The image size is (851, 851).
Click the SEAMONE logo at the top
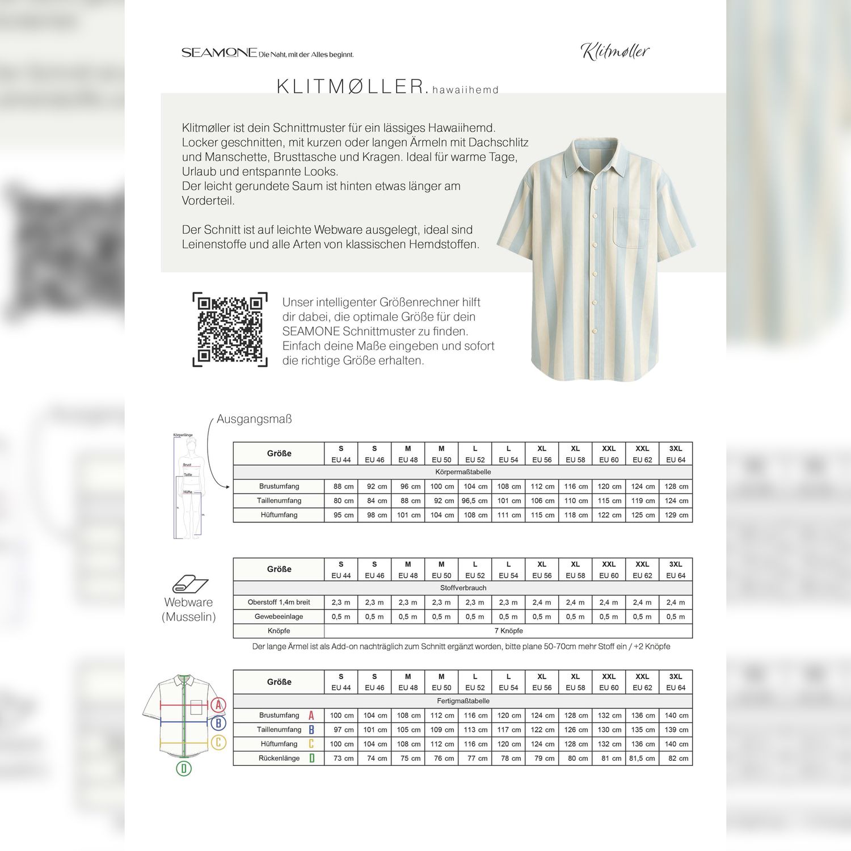(220, 53)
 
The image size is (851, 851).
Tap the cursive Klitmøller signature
(615, 52)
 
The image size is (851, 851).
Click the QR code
(230, 329)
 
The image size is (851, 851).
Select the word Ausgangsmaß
(254, 419)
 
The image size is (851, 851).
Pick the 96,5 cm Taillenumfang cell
(475, 501)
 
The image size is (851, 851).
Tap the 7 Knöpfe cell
(508, 631)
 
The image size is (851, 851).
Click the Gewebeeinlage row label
(279, 617)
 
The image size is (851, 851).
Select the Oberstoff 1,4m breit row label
(279, 603)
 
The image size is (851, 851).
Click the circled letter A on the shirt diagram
(218, 705)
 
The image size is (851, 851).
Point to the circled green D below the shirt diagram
(183, 769)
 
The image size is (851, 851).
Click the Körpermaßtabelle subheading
(463, 472)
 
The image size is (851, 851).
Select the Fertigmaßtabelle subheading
(463, 701)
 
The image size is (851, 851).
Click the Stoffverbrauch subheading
(463, 588)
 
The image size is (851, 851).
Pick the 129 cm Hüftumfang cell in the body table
(676, 515)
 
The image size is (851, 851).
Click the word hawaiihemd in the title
(465, 90)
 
